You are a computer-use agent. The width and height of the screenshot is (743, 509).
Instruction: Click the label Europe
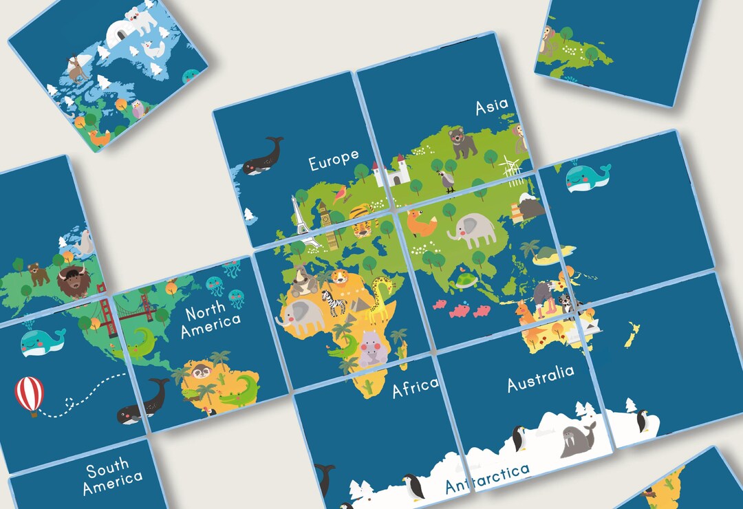334,160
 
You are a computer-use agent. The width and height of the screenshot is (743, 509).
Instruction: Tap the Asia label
492,106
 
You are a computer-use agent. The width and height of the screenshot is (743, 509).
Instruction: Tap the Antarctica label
487,478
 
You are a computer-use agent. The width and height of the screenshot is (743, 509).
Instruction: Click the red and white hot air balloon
30,396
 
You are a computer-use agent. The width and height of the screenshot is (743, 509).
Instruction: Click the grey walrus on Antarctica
577,439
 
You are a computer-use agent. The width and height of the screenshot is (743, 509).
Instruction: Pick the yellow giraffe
380,299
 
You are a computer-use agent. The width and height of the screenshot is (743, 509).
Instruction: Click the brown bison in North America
74,280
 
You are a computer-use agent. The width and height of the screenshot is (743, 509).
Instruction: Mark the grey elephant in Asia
473,229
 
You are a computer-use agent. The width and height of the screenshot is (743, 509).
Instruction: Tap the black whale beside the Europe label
263,157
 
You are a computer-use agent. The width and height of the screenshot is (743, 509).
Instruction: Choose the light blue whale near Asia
587,177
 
